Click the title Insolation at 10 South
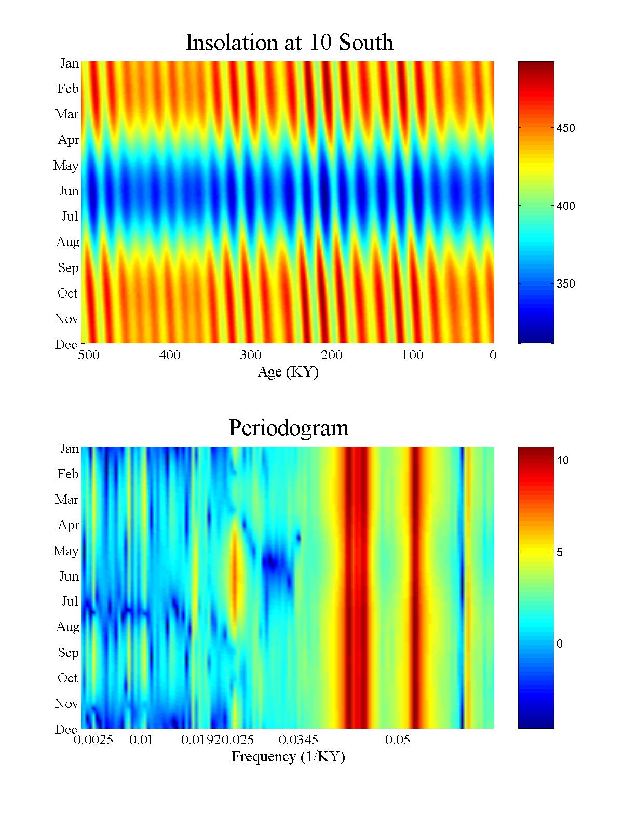click(x=289, y=43)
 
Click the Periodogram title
click(x=288, y=428)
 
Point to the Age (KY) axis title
click(x=288, y=372)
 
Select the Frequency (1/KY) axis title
click(x=288, y=757)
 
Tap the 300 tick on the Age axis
click(x=251, y=355)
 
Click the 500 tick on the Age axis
click(x=89, y=355)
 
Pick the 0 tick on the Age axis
click(x=493, y=355)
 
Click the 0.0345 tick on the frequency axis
click(x=299, y=740)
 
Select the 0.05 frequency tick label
click(x=398, y=740)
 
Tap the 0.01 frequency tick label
click(x=141, y=740)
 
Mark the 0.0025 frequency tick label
click(x=94, y=740)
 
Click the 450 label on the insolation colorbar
click(x=565, y=128)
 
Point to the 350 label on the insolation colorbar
click(x=565, y=284)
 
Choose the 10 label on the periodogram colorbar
click(x=563, y=461)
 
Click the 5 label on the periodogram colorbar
click(x=560, y=553)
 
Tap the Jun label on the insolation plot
click(x=69, y=191)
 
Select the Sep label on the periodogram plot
click(x=68, y=653)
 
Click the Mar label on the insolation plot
click(x=66, y=114)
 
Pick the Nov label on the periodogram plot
click(x=66, y=704)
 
